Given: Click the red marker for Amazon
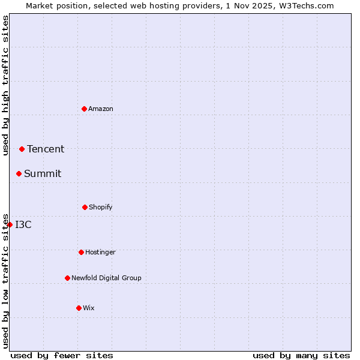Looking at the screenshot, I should pos(84,109).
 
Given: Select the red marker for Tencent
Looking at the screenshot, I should pos(22,149).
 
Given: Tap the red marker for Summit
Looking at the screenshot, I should pos(19,173).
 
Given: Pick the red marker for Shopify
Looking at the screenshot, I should pos(85,207).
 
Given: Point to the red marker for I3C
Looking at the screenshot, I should pos(10,224).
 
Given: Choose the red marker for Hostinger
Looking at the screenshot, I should pos(81,252).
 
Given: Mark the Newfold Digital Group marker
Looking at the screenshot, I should pos(67,278).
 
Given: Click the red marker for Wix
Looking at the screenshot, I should pos(79,308).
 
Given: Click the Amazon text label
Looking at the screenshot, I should pos(101,109).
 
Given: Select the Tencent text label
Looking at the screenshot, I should pos(46,149).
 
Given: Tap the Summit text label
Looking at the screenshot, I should pos(43,173).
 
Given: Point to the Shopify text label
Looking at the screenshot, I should pos(101,207).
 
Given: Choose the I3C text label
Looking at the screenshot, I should pos(23,224).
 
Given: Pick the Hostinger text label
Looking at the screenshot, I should pos(100,252).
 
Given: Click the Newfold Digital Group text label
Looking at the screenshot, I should pos(106,278).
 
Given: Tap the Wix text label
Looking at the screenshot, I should pos(89,308).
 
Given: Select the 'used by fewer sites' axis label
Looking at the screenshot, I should pos(62,355).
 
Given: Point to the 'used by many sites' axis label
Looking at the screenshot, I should pos(301,355).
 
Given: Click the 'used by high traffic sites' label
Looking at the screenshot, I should pos(5,85).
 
